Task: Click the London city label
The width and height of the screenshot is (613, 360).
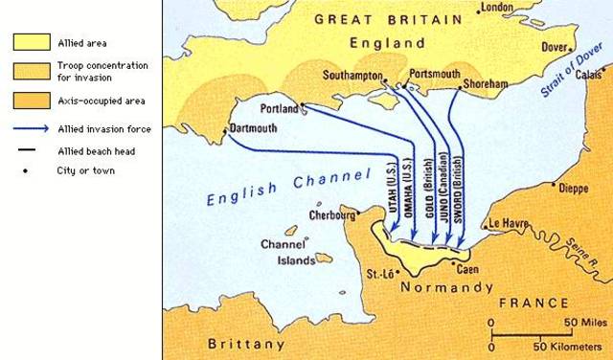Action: click(497, 8)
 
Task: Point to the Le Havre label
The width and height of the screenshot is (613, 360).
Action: click(509, 223)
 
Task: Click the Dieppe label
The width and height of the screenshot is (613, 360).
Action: click(573, 189)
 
